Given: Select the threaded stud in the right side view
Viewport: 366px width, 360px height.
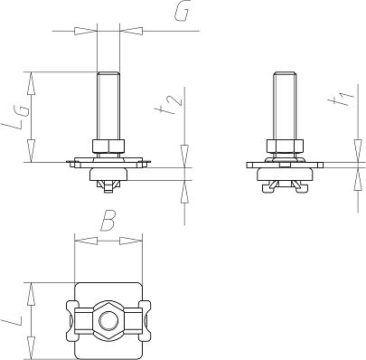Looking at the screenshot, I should pos(282,104).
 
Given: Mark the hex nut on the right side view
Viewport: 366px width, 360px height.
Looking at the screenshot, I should pos(282,146).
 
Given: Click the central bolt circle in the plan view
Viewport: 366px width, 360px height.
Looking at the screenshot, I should pos(108,319).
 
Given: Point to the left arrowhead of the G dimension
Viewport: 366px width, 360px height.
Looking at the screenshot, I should pos(88,30).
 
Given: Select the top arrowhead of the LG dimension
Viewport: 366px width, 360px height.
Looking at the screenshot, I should pos(33,79).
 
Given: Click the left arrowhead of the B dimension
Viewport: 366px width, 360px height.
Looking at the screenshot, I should pos(80,241).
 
